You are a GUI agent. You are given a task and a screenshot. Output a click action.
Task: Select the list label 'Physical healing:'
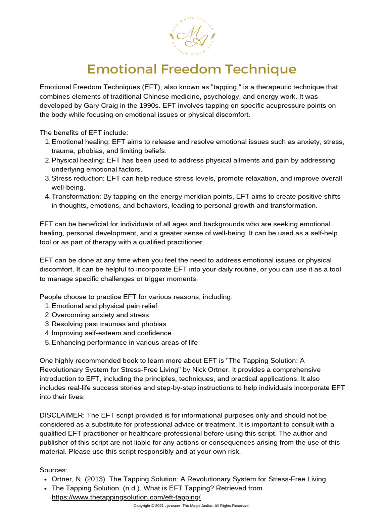click(80, 160)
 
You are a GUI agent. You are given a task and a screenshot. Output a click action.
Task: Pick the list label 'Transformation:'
click(78, 197)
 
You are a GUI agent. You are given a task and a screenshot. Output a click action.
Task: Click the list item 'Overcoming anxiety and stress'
click(100, 315)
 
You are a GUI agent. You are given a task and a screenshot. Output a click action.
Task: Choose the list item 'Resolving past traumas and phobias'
click(109, 324)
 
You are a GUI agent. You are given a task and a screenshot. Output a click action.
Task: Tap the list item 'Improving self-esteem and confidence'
click(111, 333)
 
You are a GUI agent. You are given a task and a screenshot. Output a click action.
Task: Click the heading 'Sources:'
click(54, 470)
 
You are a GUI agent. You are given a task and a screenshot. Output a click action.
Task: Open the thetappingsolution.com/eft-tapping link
click(126, 497)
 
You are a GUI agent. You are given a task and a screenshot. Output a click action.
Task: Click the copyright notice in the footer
click(191, 506)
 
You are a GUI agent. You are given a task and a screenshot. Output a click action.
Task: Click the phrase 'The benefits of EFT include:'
click(84, 133)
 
